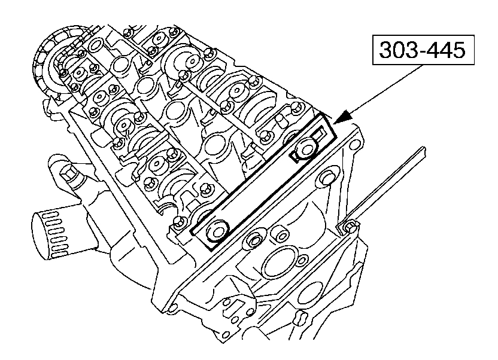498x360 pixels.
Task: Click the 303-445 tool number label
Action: pos(423,51)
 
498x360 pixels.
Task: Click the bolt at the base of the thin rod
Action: pos(350,226)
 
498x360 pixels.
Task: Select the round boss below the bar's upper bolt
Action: pos(327,178)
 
